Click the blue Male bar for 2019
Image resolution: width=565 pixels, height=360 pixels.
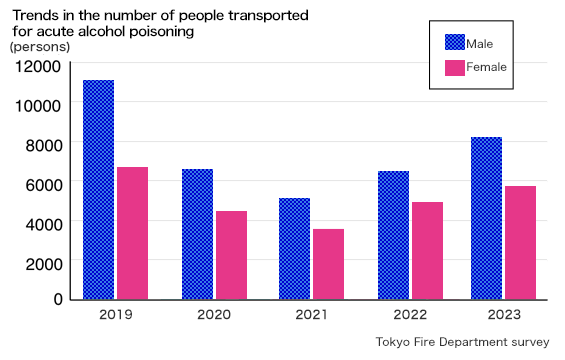click(x=98, y=189)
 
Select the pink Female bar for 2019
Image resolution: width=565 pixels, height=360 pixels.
click(x=132, y=233)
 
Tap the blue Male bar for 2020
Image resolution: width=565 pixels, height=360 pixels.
click(x=197, y=234)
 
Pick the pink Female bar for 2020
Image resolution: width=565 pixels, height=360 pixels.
click(x=231, y=255)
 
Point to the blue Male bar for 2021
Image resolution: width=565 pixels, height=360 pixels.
click(x=294, y=248)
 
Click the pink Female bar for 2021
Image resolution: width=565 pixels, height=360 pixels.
click(x=328, y=264)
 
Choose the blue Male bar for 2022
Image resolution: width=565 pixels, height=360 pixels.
click(x=393, y=235)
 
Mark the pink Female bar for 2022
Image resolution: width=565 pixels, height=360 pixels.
click(x=427, y=250)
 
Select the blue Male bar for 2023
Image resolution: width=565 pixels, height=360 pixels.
click(x=486, y=218)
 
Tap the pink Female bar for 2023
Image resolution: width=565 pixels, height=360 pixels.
click(x=520, y=242)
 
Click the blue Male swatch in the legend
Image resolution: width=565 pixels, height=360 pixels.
click(x=455, y=42)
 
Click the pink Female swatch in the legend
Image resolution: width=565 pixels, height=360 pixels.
click(x=455, y=67)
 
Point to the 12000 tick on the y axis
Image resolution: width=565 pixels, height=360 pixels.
click(x=39, y=66)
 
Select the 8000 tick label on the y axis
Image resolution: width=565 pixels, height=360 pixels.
click(x=45, y=144)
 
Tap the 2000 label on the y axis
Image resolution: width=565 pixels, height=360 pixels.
click(x=45, y=261)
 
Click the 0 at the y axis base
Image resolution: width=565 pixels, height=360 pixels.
click(x=58, y=299)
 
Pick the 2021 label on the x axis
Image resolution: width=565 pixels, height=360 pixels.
click(x=311, y=315)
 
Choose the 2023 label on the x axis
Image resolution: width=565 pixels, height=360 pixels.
click(x=503, y=315)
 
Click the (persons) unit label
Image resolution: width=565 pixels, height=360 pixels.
click(x=40, y=47)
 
